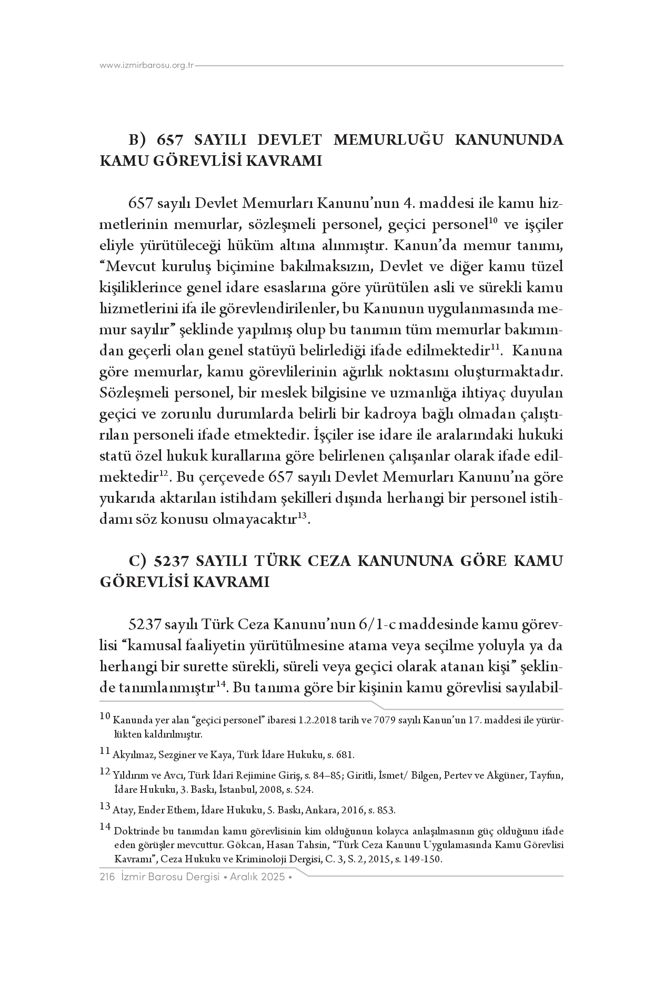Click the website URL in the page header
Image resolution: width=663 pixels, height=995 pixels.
tap(147, 66)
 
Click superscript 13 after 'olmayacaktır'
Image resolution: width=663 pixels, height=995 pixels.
tap(302, 515)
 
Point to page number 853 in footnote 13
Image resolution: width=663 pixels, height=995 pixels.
tap(387, 810)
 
